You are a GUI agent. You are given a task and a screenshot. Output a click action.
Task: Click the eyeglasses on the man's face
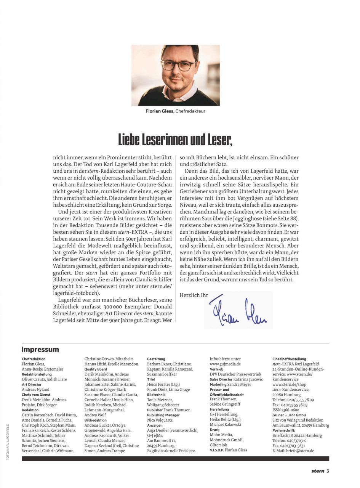[179, 65]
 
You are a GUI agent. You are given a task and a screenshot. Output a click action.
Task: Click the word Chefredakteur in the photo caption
[190, 111]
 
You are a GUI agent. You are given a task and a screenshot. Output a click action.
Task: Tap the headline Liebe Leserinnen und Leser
[175, 140]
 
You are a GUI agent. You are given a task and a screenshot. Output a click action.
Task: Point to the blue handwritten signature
[238, 311]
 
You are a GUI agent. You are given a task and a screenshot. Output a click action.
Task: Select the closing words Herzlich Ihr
[194, 295]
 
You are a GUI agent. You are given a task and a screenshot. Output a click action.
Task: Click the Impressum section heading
[40, 350]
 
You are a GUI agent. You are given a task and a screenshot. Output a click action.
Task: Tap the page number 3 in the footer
[327, 471]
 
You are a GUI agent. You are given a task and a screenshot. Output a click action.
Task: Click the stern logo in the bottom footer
[317, 471]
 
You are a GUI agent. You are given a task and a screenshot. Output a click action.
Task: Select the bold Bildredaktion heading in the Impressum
[96, 420]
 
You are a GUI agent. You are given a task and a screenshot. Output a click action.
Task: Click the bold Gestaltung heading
[156, 359]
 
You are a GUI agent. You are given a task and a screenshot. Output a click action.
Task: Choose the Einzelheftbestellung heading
[289, 359]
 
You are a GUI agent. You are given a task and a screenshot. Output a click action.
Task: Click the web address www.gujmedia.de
[225, 364]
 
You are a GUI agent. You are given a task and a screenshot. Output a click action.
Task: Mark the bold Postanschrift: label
[284, 430]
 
